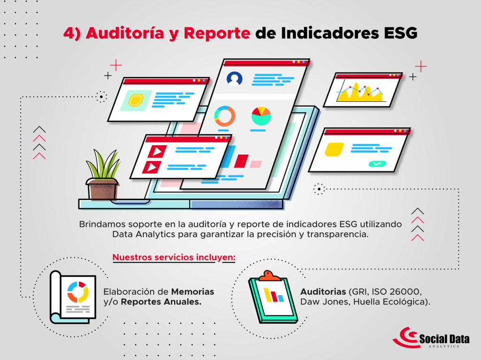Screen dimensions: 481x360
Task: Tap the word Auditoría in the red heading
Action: pos(125,33)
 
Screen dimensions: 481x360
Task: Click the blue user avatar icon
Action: pos(234,78)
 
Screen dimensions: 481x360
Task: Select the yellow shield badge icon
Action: pos(136,100)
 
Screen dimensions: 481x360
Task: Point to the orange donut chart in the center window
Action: pos(225,116)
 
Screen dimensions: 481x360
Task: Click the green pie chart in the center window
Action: pos(261,116)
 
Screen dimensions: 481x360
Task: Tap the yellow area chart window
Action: pos(363,90)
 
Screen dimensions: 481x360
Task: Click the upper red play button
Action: pos(157,152)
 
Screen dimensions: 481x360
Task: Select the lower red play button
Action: pos(152,168)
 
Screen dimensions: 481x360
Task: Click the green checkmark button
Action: pos(377,164)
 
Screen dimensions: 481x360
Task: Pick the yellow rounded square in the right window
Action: pos(334,149)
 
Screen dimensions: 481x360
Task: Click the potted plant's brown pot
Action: pos(102,190)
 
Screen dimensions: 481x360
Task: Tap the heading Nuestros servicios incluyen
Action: pos(174,257)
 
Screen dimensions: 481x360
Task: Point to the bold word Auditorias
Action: pos(323,291)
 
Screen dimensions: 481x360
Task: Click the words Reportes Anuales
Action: pos(161,302)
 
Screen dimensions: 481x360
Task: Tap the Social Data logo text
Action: pos(444,339)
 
